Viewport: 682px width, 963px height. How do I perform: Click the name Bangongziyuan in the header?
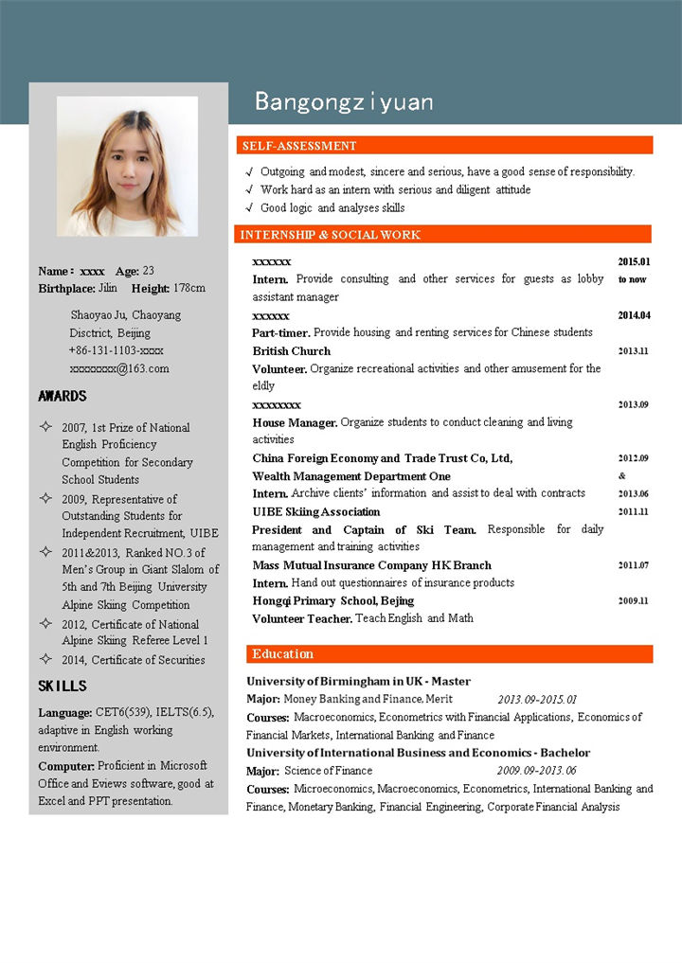(343, 102)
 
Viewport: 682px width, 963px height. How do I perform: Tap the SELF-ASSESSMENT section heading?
(299, 146)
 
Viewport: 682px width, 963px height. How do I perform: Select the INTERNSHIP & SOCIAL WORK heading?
(331, 235)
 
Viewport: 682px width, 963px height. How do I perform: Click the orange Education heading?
(282, 654)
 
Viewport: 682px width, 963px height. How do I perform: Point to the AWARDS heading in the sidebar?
(63, 396)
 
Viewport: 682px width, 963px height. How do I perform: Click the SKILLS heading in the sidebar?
(63, 686)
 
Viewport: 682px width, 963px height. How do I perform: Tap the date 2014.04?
(634, 315)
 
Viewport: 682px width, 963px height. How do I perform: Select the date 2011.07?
(634, 565)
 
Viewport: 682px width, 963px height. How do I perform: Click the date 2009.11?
(634, 600)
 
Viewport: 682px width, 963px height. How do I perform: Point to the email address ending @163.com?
(119, 368)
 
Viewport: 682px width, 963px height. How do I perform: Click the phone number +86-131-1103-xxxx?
(117, 350)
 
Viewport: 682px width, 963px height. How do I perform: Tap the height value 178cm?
(189, 288)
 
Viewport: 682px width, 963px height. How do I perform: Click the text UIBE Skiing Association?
(316, 511)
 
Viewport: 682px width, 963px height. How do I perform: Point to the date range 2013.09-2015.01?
(537, 699)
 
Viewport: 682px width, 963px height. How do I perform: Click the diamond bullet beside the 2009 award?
(45, 498)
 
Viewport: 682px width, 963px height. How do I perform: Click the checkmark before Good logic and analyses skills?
(248, 207)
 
